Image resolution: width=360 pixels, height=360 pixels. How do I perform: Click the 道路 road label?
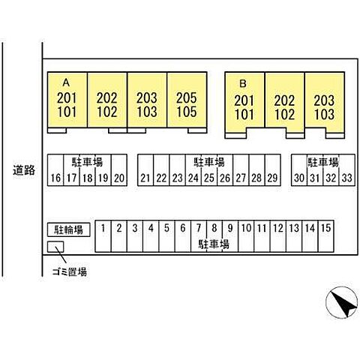(x=24, y=170)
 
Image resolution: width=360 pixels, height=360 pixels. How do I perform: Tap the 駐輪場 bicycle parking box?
(x=69, y=229)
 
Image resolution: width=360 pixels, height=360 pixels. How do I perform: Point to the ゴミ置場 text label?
(x=70, y=271)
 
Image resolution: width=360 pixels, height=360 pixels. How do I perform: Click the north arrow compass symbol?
(x=341, y=302)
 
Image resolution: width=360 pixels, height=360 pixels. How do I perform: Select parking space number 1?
(x=103, y=236)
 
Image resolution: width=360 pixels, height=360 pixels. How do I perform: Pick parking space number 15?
(x=326, y=236)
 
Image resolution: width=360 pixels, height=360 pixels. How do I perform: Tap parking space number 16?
(x=55, y=170)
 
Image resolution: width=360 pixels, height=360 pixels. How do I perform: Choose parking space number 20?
(x=119, y=170)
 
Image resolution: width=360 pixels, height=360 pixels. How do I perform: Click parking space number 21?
(x=145, y=170)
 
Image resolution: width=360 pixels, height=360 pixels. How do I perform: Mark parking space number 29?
(x=272, y=170)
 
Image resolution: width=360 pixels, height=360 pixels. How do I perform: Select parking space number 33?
(x=347, y=170)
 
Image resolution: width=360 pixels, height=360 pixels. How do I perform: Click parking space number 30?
(x=299, y=170)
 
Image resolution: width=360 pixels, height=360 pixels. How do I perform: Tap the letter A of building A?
(x=66, y=82)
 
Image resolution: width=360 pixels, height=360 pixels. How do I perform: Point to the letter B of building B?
(x=243, y=83)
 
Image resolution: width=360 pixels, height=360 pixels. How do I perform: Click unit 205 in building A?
(x=187, y=97)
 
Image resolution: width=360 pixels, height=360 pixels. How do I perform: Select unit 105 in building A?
(x=187, y=112)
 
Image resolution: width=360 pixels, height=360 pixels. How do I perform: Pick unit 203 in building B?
(x=324, y=100)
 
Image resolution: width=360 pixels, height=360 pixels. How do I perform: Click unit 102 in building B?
(x=284, y=115)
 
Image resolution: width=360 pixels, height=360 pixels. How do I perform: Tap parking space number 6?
(x=183, y=236)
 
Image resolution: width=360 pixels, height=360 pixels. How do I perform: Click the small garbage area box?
(x=55, y=247)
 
